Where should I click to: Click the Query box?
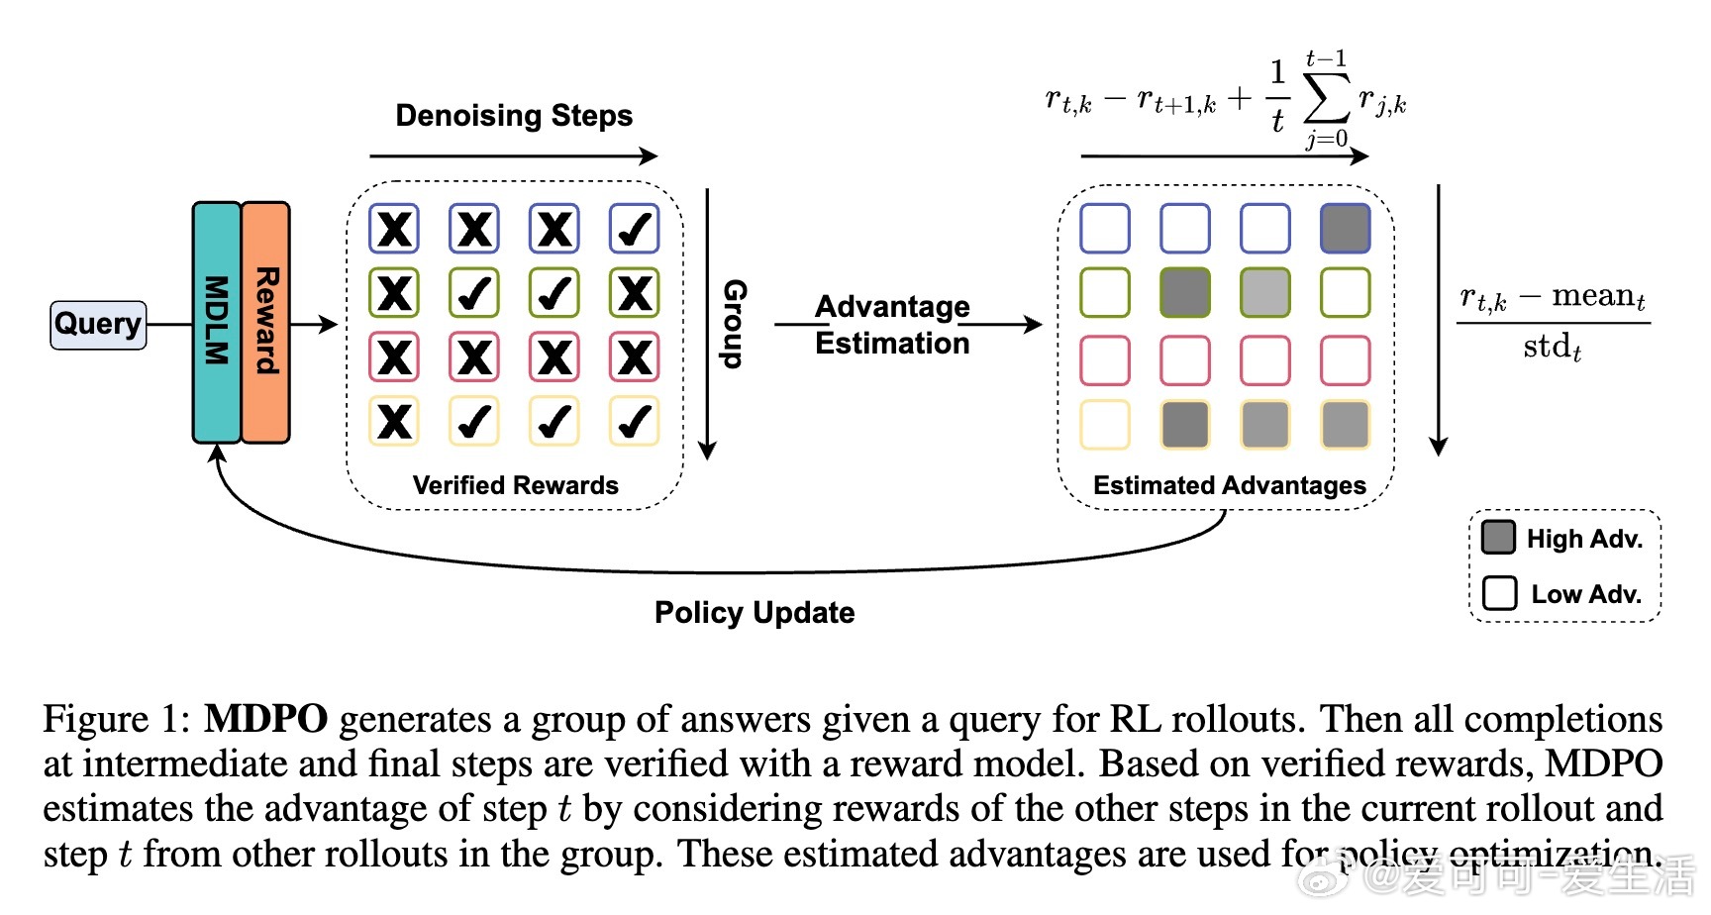[x=98, y=325]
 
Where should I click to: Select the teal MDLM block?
[x=217, y=322]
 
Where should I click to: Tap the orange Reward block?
[x=265, y=322]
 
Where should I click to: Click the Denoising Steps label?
[x=514, y=116]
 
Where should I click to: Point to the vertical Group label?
[x=735, y=323]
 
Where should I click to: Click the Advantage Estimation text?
[x=892, y=325]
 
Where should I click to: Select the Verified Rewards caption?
[x=515, y=485]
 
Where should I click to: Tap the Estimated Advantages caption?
[x=1230, y=485]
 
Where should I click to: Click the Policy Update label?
[x=755, y=612]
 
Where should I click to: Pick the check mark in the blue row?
[x=634, y=229]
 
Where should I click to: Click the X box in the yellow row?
[x=394, y=421]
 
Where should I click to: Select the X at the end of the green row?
[x=634, y=293]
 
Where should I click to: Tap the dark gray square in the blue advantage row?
[x=1346, y=229]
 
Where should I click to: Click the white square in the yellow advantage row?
[x=1105, y=425]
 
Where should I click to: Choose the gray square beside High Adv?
[x=1499, y=538]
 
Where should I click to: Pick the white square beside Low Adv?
[x=1499, y=593]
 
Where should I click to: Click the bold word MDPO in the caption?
[x=265, y=719]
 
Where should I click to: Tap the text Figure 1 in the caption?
[x=117, y=720]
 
